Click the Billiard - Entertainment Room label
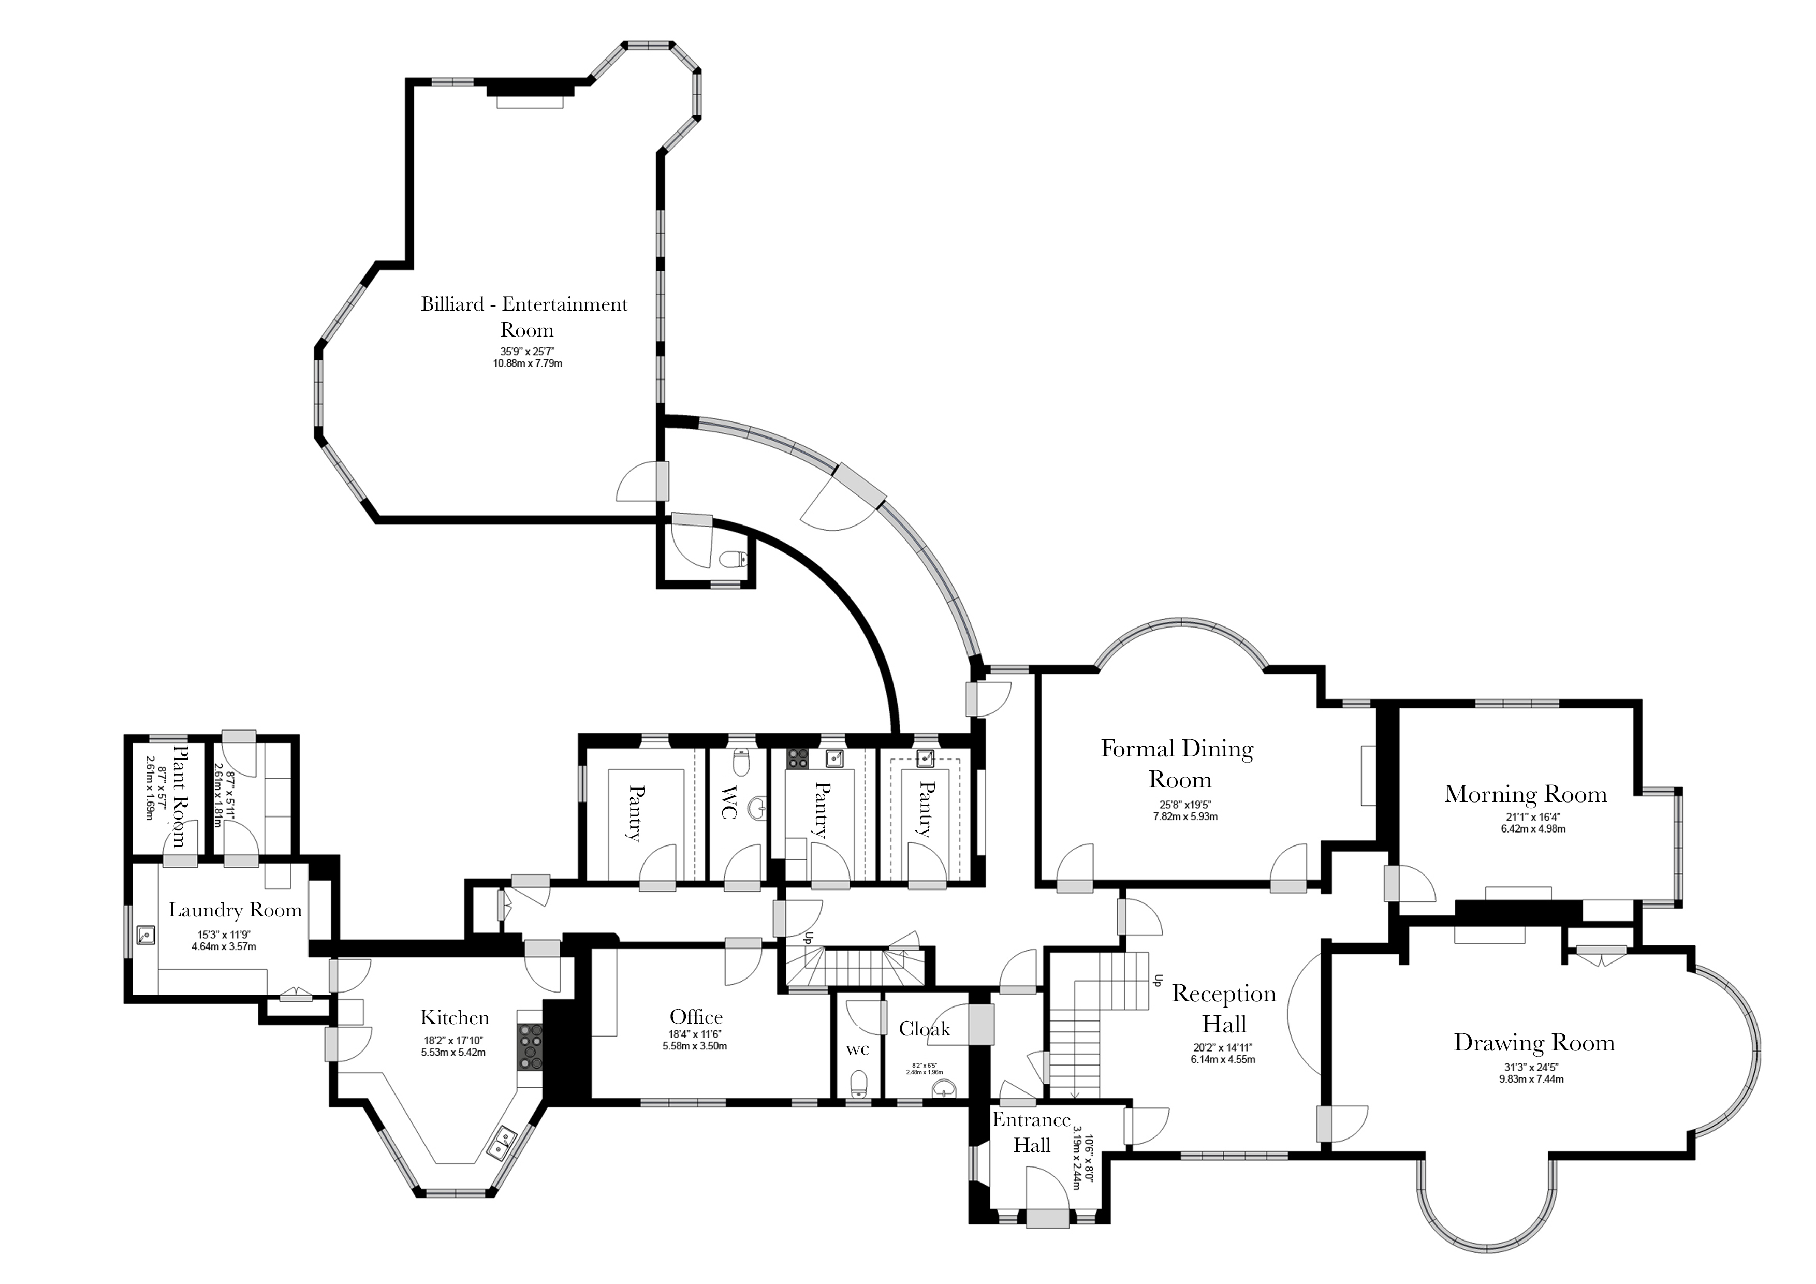(x=524, y=316)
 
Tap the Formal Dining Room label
(x=1178, y=764)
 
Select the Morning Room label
(x=1526, y=794)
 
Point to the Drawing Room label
(x=1534, y=1043)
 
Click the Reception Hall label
(x=1224, y=1009)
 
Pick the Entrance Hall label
(x=1031, y=1132)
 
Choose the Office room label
(x=696, y=1017)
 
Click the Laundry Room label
(x=235, y=911)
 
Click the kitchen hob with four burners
(x=531, y=1047)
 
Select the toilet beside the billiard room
(x=734, y=559)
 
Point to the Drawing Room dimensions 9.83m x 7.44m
(x=1534, y=1078)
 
